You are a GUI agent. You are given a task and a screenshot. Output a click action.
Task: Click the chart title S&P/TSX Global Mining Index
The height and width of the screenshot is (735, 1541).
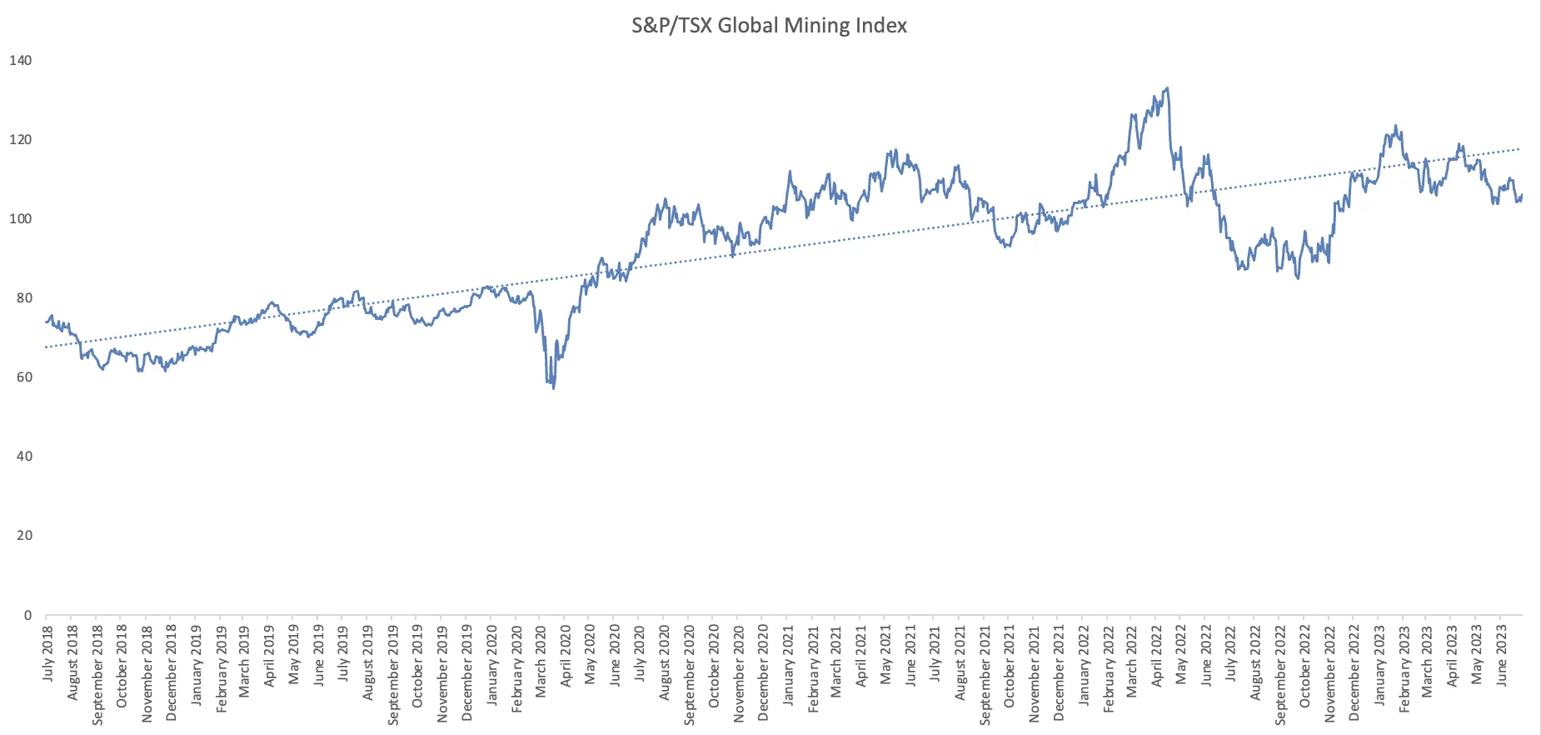pyautogui.click(x=769, y=26)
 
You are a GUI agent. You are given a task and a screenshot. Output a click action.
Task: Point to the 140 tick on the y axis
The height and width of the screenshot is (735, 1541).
pyautogui.click(x=20, y=60)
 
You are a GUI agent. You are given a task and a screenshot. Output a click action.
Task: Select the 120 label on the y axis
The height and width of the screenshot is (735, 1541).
pyautogui.click(x=20, y=139)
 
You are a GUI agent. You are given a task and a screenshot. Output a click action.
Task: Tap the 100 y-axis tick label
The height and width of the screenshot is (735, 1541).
pyautogui.click(x=20, y=218)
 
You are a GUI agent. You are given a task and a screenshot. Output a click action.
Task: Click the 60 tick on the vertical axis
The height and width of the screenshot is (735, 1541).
pyautogui.click(x=24, y=377)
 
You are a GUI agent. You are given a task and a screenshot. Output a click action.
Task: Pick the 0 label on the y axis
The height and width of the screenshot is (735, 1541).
pyautogui.click(x=27, y=615)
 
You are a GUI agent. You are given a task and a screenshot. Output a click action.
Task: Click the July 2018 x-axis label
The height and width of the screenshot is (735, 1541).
pyautogui.click(x=47, y=653)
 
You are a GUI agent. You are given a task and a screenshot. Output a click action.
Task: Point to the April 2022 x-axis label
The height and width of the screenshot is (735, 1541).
pyautogui.click(x=1157, y=657)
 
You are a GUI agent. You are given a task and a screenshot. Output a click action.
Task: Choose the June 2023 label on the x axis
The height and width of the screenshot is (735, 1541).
pyautogui.click(x=1502, y=655)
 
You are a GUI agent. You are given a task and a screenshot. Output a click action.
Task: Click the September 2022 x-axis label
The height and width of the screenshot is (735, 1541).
pyautogui.click(x=1280, y=673)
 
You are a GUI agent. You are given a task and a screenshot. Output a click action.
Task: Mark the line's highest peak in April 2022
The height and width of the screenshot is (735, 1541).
pyautogui.click(x=1167, y=88)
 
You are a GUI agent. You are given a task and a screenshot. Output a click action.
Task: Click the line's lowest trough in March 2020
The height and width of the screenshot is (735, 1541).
pyautogui.click(x=554, y=387)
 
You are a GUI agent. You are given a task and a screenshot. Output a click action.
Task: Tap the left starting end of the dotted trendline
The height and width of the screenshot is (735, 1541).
pyautogui.click(x=47, y=347)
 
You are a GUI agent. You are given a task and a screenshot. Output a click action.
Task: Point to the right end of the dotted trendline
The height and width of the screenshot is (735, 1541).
pyautogui.click(x=1520, y=149)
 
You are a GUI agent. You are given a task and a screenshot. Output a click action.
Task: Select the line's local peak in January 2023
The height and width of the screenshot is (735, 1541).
pyautogui.click(x=1395, y=127)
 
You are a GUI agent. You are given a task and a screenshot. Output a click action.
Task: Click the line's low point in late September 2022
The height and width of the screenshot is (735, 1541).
pyautogui.click(x=1298, y=277)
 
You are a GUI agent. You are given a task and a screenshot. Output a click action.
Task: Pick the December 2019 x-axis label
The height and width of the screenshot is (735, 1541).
pyautogui.click(x=466, y=672)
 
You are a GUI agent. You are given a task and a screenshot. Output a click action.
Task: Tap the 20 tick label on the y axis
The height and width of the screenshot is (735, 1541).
pyautogui.click(x=24, y=535)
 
